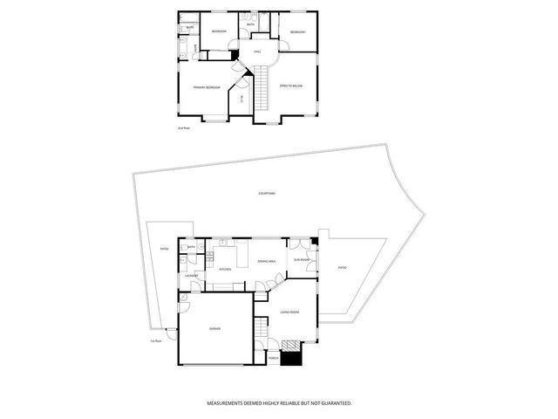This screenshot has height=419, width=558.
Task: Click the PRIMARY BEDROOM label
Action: click(x=204, y=87)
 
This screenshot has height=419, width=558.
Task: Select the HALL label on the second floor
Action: click(x=257, y=53)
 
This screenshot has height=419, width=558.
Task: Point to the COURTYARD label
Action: click(x=268, y=194)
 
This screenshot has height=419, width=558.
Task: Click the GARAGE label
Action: click(x=214, y=329)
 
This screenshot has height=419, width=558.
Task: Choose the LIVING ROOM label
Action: click(x=290, y=313)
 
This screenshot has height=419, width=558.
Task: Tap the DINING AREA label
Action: click(x=267, y=262)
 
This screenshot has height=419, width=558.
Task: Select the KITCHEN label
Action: click(x=225, y=270)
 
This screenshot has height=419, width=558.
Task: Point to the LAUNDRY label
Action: click(x=191, y=277)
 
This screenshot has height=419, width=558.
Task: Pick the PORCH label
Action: click(x=273, y=357)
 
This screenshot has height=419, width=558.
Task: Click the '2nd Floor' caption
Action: click(x=183, y=128)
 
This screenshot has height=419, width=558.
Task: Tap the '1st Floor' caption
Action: click(x=155, y=340)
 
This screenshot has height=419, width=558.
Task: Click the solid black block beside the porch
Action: click(x=294, y=355)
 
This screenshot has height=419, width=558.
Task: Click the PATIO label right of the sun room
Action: click(x=342, y=267)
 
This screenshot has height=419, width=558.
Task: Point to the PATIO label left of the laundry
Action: click(x=164, y=250)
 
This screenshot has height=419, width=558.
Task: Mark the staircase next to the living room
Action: click(x=261, y=330)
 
